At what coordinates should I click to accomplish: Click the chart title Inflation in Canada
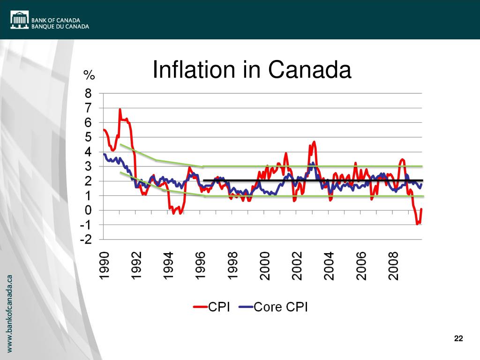tap(252, 70)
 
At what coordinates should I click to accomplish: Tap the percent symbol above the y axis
tap(89, 75)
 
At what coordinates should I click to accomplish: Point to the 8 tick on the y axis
tap(89, 93)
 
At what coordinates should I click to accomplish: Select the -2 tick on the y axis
tap(86, 240)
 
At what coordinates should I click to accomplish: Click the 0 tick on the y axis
tap(89, 210)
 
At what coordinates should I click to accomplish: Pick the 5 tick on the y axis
tap(89, 137)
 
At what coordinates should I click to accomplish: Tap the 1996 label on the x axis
tap(201, 266)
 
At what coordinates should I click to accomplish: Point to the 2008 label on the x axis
tap(393, 266)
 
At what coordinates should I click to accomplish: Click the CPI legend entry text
tap(219, 307)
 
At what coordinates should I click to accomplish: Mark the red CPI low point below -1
tap(417, 224)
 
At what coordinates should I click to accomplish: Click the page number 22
tap(458, 339)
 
